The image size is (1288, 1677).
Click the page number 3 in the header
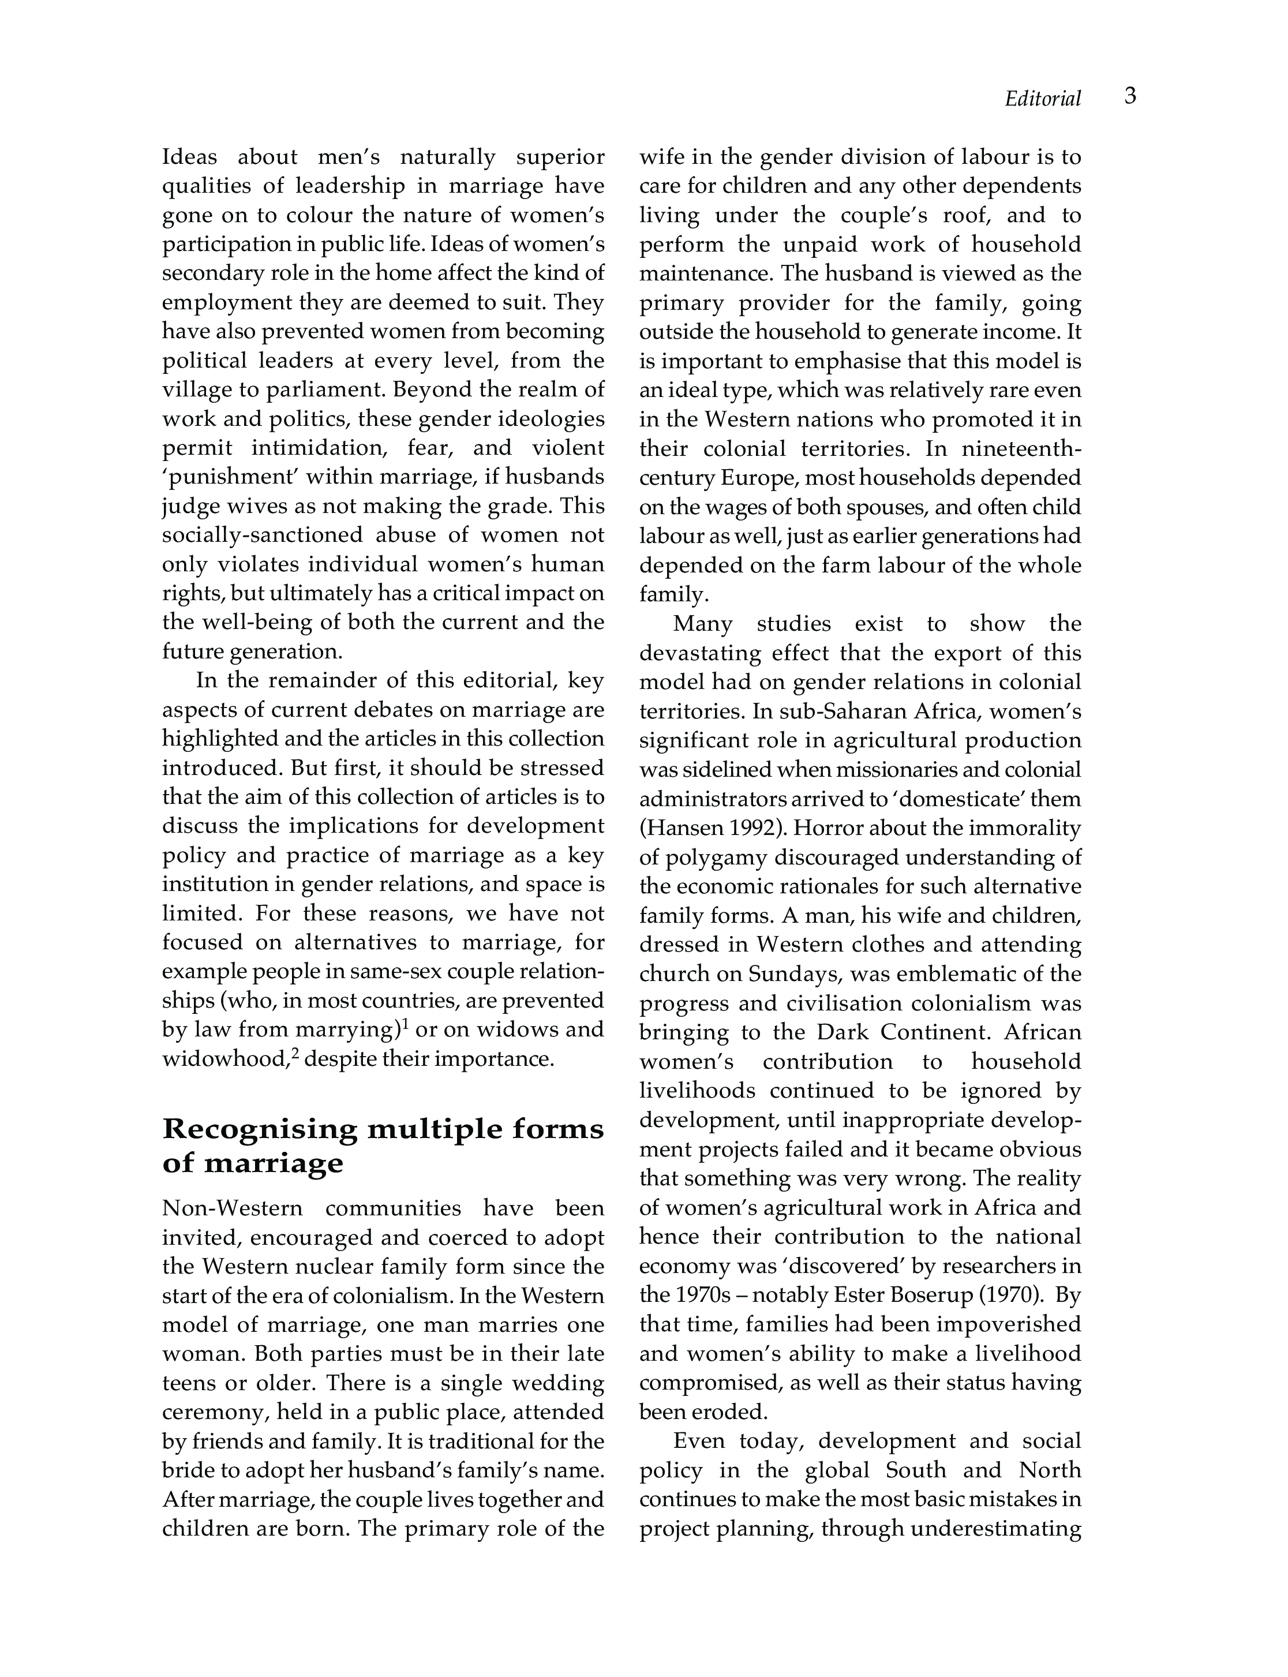point(1130,96)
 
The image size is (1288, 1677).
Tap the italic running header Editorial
point(1043,99)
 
